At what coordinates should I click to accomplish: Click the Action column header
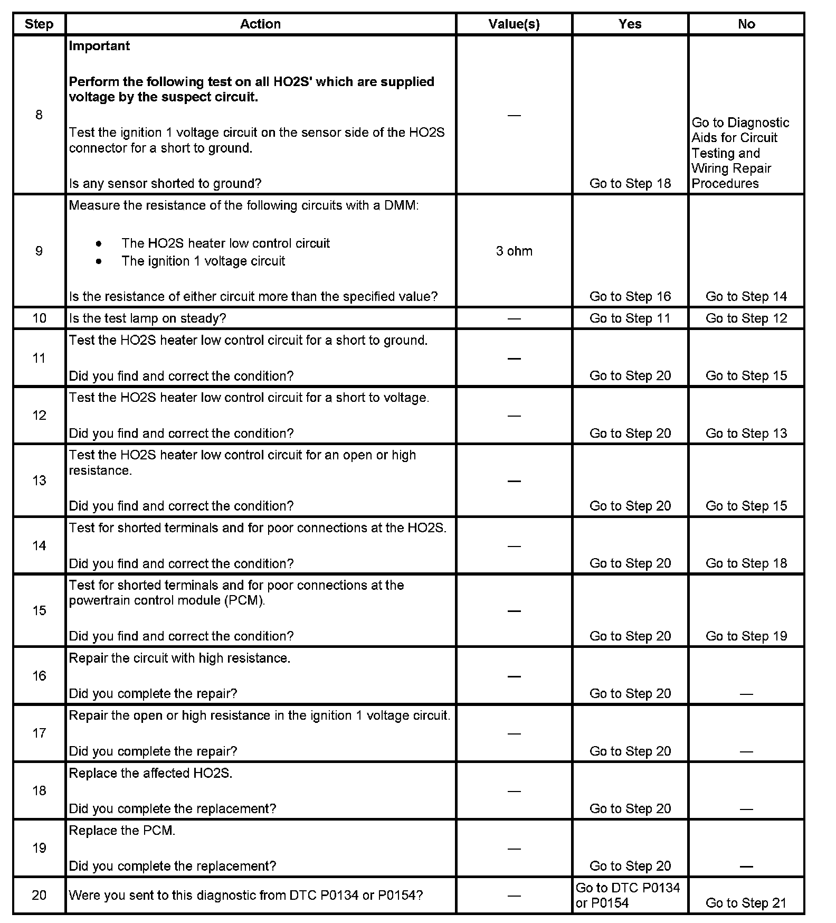click(x=260, y=24)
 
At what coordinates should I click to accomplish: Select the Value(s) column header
click(x=514, y=24)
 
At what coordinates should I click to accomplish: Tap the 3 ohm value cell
click(x=514, y=251)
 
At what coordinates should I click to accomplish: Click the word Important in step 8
click(x=99, y=46)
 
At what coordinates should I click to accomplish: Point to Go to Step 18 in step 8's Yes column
click(x=630, y=183)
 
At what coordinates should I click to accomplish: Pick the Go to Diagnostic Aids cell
click(x=740, y=153)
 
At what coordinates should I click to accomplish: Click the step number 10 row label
click(x=40, y=318)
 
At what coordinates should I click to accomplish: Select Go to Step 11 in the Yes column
click(x=630, y=318)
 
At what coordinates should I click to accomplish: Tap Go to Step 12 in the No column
click(x=746, y=318)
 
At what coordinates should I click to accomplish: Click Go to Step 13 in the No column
click(x=746, y=434)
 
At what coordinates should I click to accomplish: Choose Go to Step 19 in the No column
click(x=746, y=636)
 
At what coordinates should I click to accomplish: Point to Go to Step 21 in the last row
click(x=746, y=903)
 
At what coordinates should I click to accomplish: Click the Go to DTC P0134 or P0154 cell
click(x=628, y=896)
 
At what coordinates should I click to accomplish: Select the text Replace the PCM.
click(x=122, y=831)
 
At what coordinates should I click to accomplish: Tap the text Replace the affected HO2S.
click(x=150, y=773)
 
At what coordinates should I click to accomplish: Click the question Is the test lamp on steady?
click(x=147, y=318)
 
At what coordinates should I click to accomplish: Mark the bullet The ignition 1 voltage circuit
click(x=203, y=261)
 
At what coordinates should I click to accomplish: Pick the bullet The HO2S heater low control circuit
click(x=225, y=243)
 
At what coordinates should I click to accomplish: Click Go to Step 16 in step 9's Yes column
click(x=630, y=296)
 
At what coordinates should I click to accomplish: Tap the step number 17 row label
click(x=40, y=733)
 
